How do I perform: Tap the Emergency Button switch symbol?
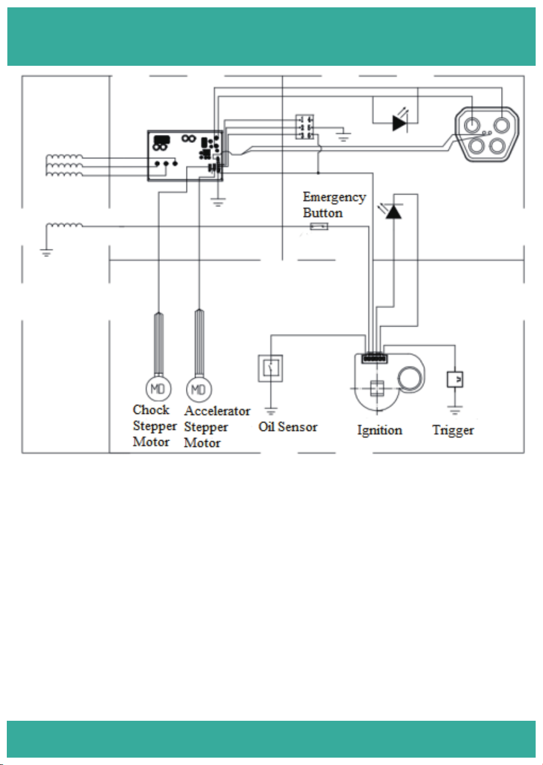point(319,226)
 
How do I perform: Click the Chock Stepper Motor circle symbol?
point(158,388)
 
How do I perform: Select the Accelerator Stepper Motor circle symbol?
point(199,390)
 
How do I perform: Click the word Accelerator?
point(218,411)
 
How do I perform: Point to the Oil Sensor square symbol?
point(270,368)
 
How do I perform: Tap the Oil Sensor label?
point(288,427)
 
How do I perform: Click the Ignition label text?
point(380,430)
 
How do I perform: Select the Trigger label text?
point(453,430)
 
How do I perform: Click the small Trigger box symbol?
point(455,379)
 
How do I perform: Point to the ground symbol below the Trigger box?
point(455,410)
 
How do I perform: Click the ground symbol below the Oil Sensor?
point(270,411)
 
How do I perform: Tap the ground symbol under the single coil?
point(46,253)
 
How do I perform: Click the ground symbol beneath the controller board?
point(218,202)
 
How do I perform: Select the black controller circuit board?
point(185,155)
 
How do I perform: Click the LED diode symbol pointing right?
point(400,123)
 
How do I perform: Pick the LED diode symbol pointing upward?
point(393,211)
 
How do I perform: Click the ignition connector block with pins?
point(375,358)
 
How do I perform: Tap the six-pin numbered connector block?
point(305,127)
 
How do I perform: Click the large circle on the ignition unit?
point(410,379)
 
